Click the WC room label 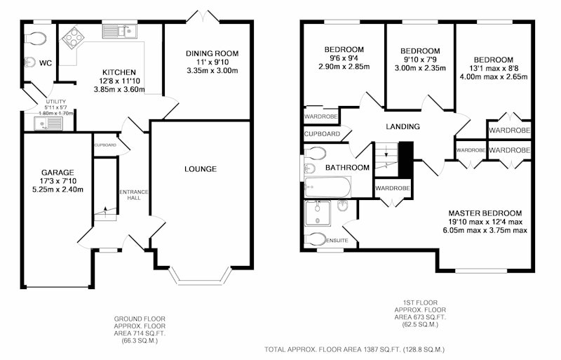coord(46,63)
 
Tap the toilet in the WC coord(36,38)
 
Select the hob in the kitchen coord(72,37)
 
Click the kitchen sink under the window coord(119,31)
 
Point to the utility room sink coord(48,124)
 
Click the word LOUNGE coord(201,168)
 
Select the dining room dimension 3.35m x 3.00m coord(212,71)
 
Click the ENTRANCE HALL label coord(133,195)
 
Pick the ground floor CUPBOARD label coord(105,145)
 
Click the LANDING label coord(403,126)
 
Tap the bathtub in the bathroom coord(327,187)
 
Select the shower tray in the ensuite coord(318,213)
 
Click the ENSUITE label coord(337,241)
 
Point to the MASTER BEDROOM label coord(485,213)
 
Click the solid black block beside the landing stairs coord(406,160)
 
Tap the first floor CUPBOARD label coord(322,134)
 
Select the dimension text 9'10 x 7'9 coord(420,60)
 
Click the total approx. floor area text coord(354,349)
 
